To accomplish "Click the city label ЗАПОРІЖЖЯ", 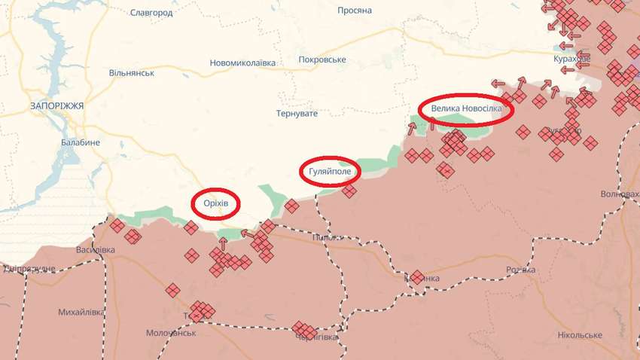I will coord(57,106).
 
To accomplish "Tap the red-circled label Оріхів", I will coord(216,203).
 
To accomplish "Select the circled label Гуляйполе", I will coord(330,171).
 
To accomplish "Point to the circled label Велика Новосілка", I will coord(466,109).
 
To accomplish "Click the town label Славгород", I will coord(151,13).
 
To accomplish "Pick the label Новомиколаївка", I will coord(242,63).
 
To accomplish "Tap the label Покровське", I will coord(322,59).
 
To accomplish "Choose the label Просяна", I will coord(355,11).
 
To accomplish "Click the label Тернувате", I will coord(297,113).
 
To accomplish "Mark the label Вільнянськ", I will coord(132,73).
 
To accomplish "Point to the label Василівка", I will coord(96,249).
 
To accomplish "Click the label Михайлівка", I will coord(81,312).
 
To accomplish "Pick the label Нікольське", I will coord(580,334).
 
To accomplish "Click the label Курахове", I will coord(572,58).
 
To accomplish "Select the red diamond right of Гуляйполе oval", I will coord(349,191).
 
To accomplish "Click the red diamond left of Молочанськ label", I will coord(173,290).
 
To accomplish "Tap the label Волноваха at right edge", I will coord(620,194).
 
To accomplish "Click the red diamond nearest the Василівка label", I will coord(117,225).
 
